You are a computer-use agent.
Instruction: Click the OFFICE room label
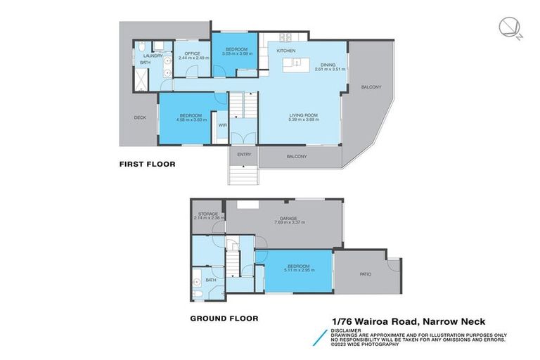click(193, 53)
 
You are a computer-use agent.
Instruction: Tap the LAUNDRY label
click(153, 56)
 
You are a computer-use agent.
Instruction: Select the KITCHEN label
click(285, 51)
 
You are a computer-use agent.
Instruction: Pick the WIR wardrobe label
click(222, 125)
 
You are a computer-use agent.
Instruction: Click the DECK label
click(140, 117)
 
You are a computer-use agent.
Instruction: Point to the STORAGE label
click(207, 213)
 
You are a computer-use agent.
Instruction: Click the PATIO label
click(366, 274)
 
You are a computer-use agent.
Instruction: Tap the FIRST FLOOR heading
click(146, 164)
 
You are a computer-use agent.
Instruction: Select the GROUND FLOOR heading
click(224, 318)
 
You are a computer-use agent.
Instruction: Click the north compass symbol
click(507, 27)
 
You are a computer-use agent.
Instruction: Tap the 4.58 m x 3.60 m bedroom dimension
click(191, 120)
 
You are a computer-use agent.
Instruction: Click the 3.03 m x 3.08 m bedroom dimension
click(237, 53)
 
